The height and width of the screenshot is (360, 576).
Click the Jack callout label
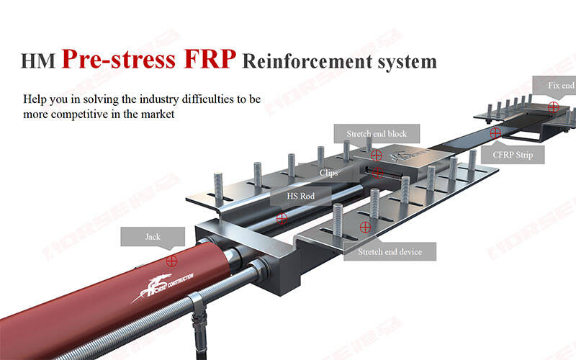point(153,236)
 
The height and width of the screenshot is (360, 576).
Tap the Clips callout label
point(328,173)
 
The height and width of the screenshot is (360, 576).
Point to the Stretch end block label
point(377,134)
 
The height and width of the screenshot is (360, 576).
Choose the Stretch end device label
point(390,251)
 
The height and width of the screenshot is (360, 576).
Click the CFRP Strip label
point(518,153)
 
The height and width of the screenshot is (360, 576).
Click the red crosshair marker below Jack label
point(171,261)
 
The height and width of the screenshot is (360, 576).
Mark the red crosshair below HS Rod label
point(282,217)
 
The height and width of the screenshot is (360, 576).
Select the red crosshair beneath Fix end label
point(552,106)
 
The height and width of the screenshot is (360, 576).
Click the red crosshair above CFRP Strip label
point(495,133)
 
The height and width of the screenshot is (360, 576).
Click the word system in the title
point(410,61)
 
